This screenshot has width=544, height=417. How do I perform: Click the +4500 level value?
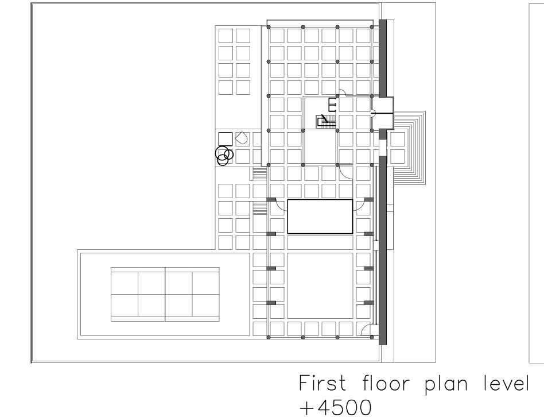tap(335, 407)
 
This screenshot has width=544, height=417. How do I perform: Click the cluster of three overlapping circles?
tap(224, 156)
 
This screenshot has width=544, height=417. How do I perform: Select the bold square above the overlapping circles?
tap(225, 139)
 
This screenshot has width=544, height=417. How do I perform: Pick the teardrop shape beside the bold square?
tap(242, 138)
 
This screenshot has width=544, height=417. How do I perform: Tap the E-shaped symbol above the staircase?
tap(332, 105)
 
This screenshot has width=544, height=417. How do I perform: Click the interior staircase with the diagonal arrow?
tap(326, 122)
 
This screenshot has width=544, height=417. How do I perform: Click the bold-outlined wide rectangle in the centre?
tap(320, 217)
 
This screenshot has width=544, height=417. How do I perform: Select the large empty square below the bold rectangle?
tap(320, 286)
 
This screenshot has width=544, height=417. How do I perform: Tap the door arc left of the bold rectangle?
tap(281, 206)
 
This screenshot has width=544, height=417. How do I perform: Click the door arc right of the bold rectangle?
tap(358, 205)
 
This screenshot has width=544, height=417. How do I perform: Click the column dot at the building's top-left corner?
tap(268, 27)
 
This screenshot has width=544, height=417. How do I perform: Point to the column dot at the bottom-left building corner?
tap(268, 337)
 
